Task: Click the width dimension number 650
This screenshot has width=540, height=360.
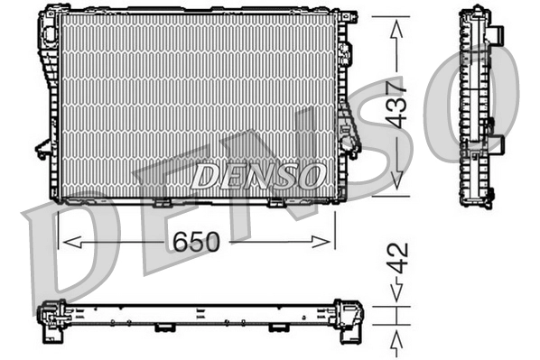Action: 195,242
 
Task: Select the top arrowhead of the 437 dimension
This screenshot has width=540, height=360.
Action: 396,27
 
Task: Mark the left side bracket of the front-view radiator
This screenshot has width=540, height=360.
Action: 41,148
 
